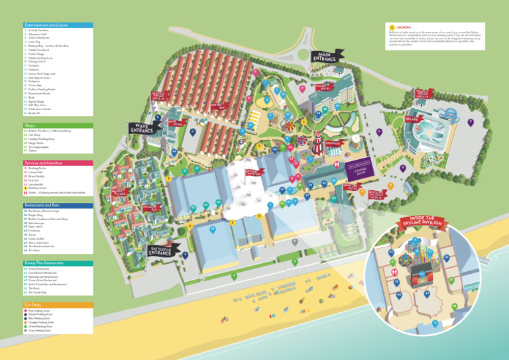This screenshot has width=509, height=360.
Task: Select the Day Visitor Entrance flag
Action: [x=162, y=250]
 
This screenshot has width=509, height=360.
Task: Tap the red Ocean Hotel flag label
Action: [x=321, y=86]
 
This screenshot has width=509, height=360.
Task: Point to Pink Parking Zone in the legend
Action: [x=40, y=310]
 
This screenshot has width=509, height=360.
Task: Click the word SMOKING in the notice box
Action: [x=404, y=27]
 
